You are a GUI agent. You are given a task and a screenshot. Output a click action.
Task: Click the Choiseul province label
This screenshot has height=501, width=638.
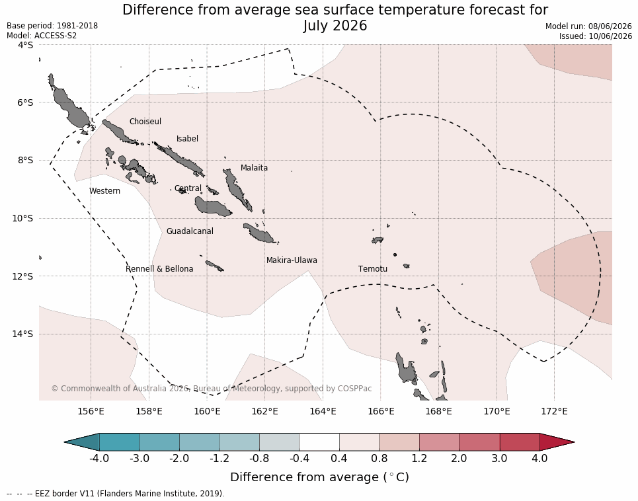click(145, 121)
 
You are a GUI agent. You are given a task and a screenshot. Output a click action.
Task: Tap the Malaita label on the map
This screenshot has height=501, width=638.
click(254, 167)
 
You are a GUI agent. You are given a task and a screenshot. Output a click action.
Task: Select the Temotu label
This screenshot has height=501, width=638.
click(373, 269)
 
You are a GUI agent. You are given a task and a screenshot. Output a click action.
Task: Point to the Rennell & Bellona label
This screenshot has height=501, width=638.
click(159, 269)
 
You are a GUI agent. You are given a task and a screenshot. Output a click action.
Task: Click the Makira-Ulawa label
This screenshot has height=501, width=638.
click(292, 260)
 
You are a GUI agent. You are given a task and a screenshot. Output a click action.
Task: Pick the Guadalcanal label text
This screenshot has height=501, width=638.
click(190, 231)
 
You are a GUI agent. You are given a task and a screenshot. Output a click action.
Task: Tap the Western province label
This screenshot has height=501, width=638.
click(104, 191)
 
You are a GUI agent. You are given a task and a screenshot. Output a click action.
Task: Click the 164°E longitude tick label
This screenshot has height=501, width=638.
click(323, 411)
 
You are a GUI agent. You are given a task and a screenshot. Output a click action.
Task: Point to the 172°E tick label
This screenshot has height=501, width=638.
click(554, 411)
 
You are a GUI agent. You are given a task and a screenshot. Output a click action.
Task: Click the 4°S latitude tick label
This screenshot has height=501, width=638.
click(25, 45)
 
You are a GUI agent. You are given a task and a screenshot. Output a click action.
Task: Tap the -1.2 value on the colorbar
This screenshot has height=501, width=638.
click(219, 458)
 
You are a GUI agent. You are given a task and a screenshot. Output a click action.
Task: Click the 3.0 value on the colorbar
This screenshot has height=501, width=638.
click(499, 458)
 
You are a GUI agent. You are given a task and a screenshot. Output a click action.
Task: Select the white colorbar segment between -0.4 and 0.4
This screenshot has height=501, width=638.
click(319, 442)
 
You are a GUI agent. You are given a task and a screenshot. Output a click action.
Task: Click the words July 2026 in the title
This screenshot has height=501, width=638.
click(335, 26)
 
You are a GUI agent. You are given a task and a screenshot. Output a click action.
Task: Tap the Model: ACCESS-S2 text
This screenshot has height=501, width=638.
click(42, 36)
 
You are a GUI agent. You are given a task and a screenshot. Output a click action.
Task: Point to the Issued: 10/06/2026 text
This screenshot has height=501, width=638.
click(595, 36)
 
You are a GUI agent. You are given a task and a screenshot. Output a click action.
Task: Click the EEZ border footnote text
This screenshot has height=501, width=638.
click(116, 493)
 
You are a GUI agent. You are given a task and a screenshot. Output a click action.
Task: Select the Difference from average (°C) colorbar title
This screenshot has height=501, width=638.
click(319, 477)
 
